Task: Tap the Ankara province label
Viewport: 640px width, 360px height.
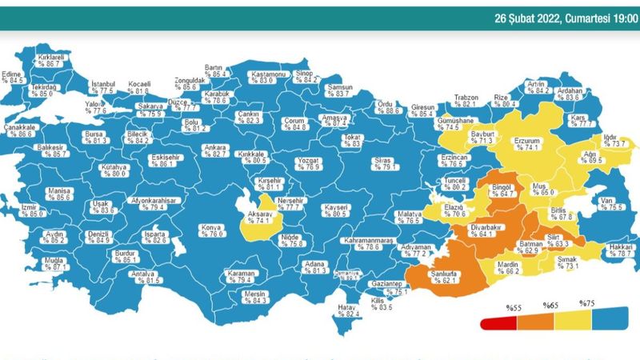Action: click(x=214, y=147)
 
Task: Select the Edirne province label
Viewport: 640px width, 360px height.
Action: click(x=13, y=74)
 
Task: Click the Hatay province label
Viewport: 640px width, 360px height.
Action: click(x=347, y=306)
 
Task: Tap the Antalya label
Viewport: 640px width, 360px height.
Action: click(x=143, y=273)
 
